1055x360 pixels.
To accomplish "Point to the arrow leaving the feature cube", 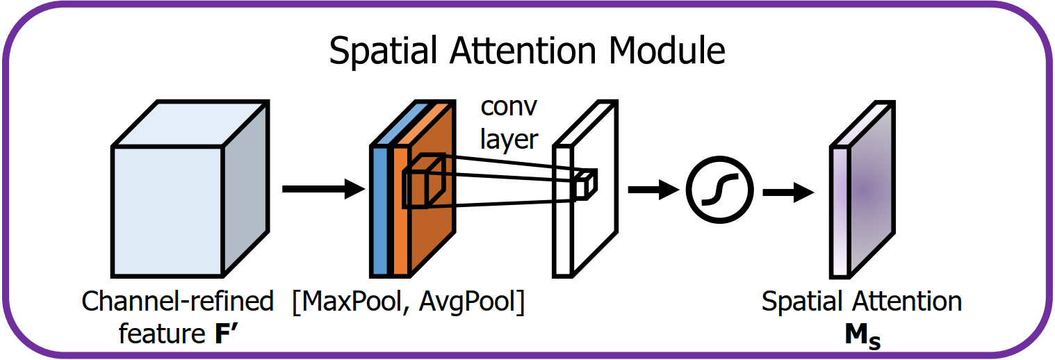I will click(x=323, y=189).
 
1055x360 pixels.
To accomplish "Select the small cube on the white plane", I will click(x=584, y=186).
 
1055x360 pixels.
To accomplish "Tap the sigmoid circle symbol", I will click(x=719, y=190).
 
